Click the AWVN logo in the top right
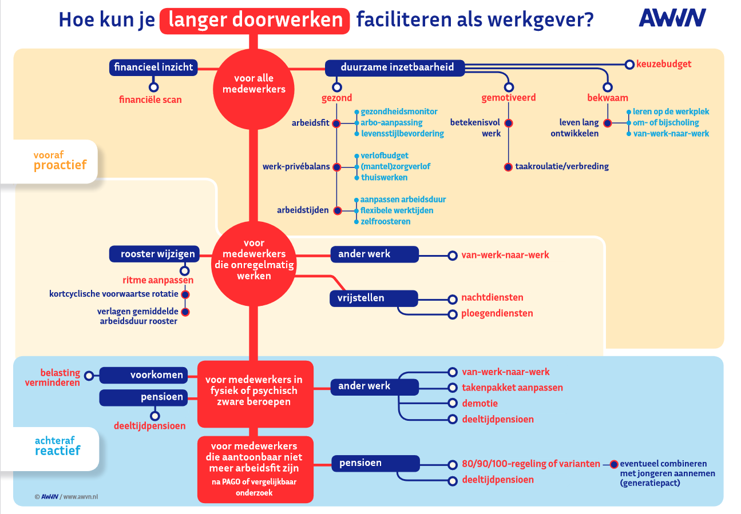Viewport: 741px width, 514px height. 672,18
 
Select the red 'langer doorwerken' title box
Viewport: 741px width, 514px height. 254,21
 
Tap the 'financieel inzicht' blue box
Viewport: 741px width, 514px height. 154,67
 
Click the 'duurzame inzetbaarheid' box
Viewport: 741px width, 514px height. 395,67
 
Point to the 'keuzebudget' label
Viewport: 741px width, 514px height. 664,64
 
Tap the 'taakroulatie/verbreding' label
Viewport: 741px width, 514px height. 562,166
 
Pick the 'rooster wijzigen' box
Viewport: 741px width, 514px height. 154,254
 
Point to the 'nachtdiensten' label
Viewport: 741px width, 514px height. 492,298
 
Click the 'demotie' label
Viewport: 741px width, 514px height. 480,403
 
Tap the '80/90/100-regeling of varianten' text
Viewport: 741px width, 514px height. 531,464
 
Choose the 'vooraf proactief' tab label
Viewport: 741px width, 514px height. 60,161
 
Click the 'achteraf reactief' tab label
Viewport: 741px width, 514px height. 57,446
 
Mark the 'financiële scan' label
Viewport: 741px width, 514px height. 150,99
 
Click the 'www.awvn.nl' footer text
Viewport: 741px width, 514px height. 81,497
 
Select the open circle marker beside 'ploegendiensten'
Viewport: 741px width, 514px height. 452,314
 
